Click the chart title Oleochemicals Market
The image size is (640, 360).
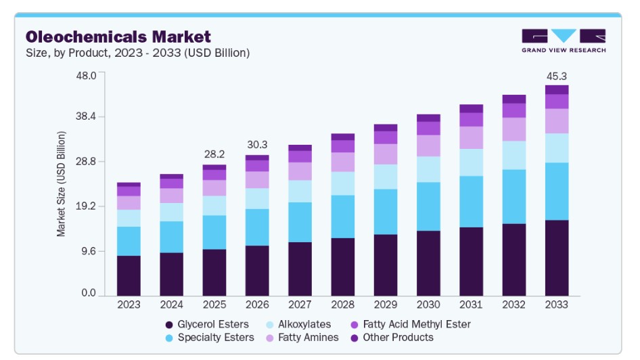pos(118,37)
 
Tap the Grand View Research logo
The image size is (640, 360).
pos(564,41)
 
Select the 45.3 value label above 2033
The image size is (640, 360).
pos(557,76)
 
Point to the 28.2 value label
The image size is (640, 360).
pos(214,154)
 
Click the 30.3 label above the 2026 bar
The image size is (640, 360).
pos(257,145)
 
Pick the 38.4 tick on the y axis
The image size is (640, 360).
pos(86,117)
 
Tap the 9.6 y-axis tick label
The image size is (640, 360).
pos(89,251)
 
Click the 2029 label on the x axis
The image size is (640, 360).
pos(386,305)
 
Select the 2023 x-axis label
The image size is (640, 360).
pos(129,305)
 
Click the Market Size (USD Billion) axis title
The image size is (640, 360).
pos(61,183)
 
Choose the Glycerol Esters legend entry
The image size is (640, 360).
pos(207,325)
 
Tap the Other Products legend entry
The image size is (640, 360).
pos(392,338)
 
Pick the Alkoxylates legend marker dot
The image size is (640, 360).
pos(269,325)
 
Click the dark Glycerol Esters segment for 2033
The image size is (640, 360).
pos(557,258)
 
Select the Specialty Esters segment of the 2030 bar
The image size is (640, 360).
pos(428,206)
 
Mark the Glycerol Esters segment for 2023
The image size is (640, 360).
pos(129,276)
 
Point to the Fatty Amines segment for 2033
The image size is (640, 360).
pos(557,121)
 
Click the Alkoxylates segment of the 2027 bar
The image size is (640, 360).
pos(300,192)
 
